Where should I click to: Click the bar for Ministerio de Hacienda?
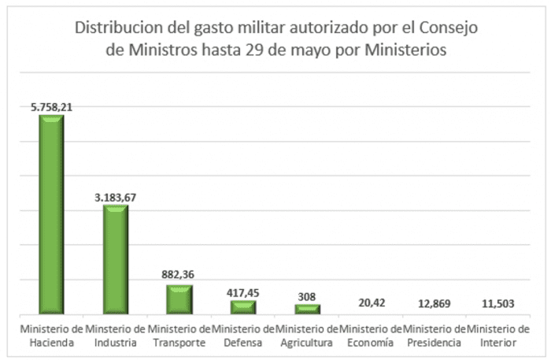click(52, 214)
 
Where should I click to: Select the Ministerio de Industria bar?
click(116, 259)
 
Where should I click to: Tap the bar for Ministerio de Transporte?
click(179, 299)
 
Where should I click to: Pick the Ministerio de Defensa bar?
click(243, 306)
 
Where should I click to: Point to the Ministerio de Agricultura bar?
click(307, 309)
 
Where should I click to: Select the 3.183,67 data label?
click(115, 196)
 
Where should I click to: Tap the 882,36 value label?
click(179, 274)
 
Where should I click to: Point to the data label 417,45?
click(243, 291)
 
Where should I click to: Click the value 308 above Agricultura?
click(307, 296)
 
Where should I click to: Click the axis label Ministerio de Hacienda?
click(52, 335)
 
